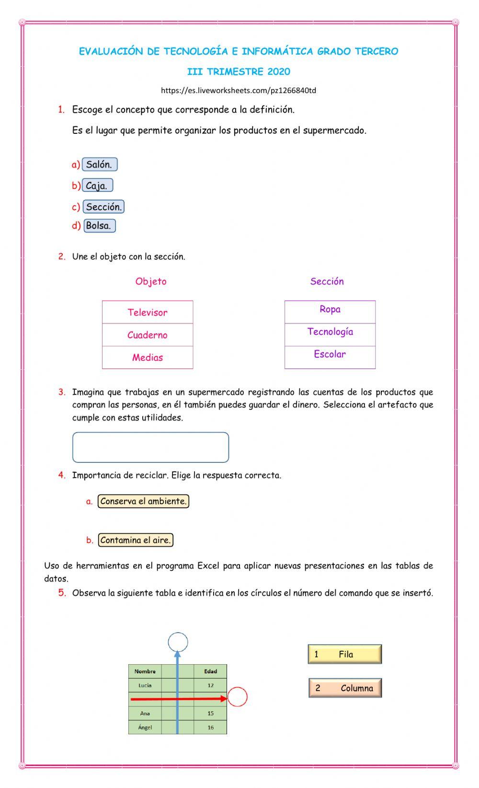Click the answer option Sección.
tap(103, 207)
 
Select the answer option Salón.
tap(99, 165)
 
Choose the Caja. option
tap(97, 186)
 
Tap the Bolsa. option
tap(99, 225)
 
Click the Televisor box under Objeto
tap(148, 312)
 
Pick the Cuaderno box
tap(148, 335)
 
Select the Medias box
tap(148, 357)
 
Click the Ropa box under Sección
tap(330, 310)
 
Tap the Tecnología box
tap(330, 332)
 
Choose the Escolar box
tap(330, 354)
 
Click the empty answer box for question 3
tap(150, 447)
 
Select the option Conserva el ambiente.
tap(143, 501)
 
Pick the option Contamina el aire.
tap(136, 540)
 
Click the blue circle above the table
tap(178, 642)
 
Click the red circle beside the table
tap(237, 697)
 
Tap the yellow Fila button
tap(345, 654)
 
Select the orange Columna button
tap(345, 688)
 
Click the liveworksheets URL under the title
tap(239, 90)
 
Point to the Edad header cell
tap(210, 671)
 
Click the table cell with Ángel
tap(145, 728)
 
